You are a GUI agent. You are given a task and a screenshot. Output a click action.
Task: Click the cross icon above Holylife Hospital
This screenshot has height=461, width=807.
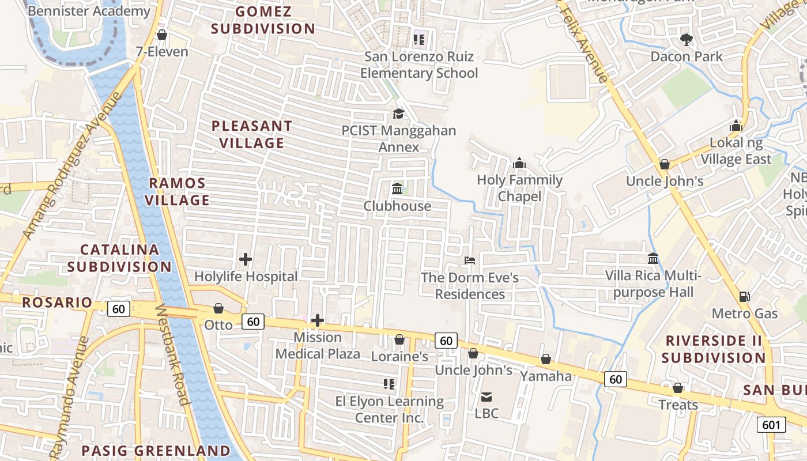click(246, 259)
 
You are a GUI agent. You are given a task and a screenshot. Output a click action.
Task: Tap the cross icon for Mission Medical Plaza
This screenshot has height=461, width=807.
click(318, 320)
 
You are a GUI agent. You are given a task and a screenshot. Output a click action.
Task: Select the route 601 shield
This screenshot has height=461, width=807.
click(771, 425)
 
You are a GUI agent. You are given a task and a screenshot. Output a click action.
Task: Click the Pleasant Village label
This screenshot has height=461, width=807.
click(251, 134)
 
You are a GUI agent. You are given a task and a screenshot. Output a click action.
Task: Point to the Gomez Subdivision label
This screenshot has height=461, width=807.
click(263, 20)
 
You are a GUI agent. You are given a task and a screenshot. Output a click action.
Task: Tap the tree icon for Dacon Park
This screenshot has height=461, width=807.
click(686, 40)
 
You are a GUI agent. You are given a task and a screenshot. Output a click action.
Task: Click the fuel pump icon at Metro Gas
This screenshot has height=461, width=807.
click(745, 297)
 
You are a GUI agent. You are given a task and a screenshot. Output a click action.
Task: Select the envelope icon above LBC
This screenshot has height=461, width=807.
click(487, 396)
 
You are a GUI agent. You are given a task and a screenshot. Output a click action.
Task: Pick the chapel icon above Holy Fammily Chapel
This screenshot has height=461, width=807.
click(519, 163)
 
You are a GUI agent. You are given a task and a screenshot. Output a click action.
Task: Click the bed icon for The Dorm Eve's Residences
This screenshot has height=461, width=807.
click(470, 260)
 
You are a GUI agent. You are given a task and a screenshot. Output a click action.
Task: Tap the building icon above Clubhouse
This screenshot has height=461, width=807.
click(397, 189)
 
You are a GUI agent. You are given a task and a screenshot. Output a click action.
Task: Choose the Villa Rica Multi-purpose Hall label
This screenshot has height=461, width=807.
click(653, 284)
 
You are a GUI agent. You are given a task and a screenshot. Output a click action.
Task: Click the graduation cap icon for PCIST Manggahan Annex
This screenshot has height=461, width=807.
click(398, 114)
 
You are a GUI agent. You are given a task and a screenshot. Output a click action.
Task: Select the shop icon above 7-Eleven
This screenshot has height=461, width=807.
click(162, 35)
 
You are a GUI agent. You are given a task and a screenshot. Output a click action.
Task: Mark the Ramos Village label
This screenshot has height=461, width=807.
click(177, 192)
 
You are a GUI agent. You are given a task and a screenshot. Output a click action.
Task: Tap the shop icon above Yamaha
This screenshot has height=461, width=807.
click(545, 360)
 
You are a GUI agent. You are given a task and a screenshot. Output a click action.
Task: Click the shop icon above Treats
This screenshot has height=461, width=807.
click(678, 388)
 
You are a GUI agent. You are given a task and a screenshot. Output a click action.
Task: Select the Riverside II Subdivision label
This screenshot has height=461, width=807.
click(713, 349)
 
